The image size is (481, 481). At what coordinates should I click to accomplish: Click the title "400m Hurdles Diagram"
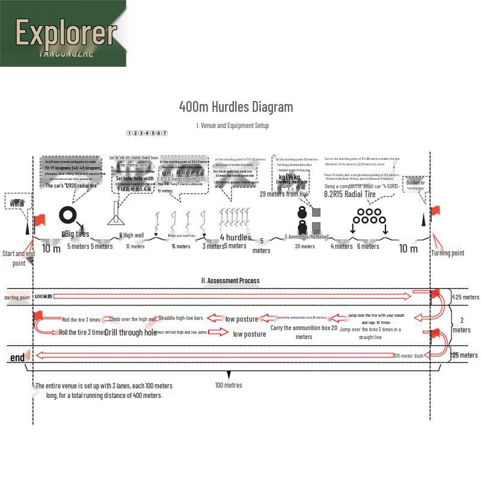point(236,107)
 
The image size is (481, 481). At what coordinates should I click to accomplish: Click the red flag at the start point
point(40,220)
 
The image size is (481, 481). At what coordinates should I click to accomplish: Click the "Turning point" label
point(447,253)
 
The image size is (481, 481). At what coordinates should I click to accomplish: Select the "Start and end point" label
point(19,259)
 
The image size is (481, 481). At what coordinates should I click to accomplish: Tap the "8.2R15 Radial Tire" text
point(350,194)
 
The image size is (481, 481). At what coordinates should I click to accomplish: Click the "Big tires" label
point(76,234)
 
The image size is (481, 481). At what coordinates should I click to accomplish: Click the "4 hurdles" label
point(235,237)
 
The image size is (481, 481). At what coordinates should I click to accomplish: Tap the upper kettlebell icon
point(302,212)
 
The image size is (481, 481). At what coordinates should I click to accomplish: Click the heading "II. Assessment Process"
point(230,280)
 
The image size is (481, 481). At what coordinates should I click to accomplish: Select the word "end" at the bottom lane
point(17,358)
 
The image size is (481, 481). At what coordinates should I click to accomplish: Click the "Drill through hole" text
point(130,332)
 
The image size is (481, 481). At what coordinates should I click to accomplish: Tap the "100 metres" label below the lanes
point(228,385)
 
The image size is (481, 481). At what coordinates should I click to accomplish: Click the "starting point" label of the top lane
point(17,298)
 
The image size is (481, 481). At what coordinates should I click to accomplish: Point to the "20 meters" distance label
point(305,247)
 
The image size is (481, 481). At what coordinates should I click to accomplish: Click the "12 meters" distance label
point(135,247)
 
